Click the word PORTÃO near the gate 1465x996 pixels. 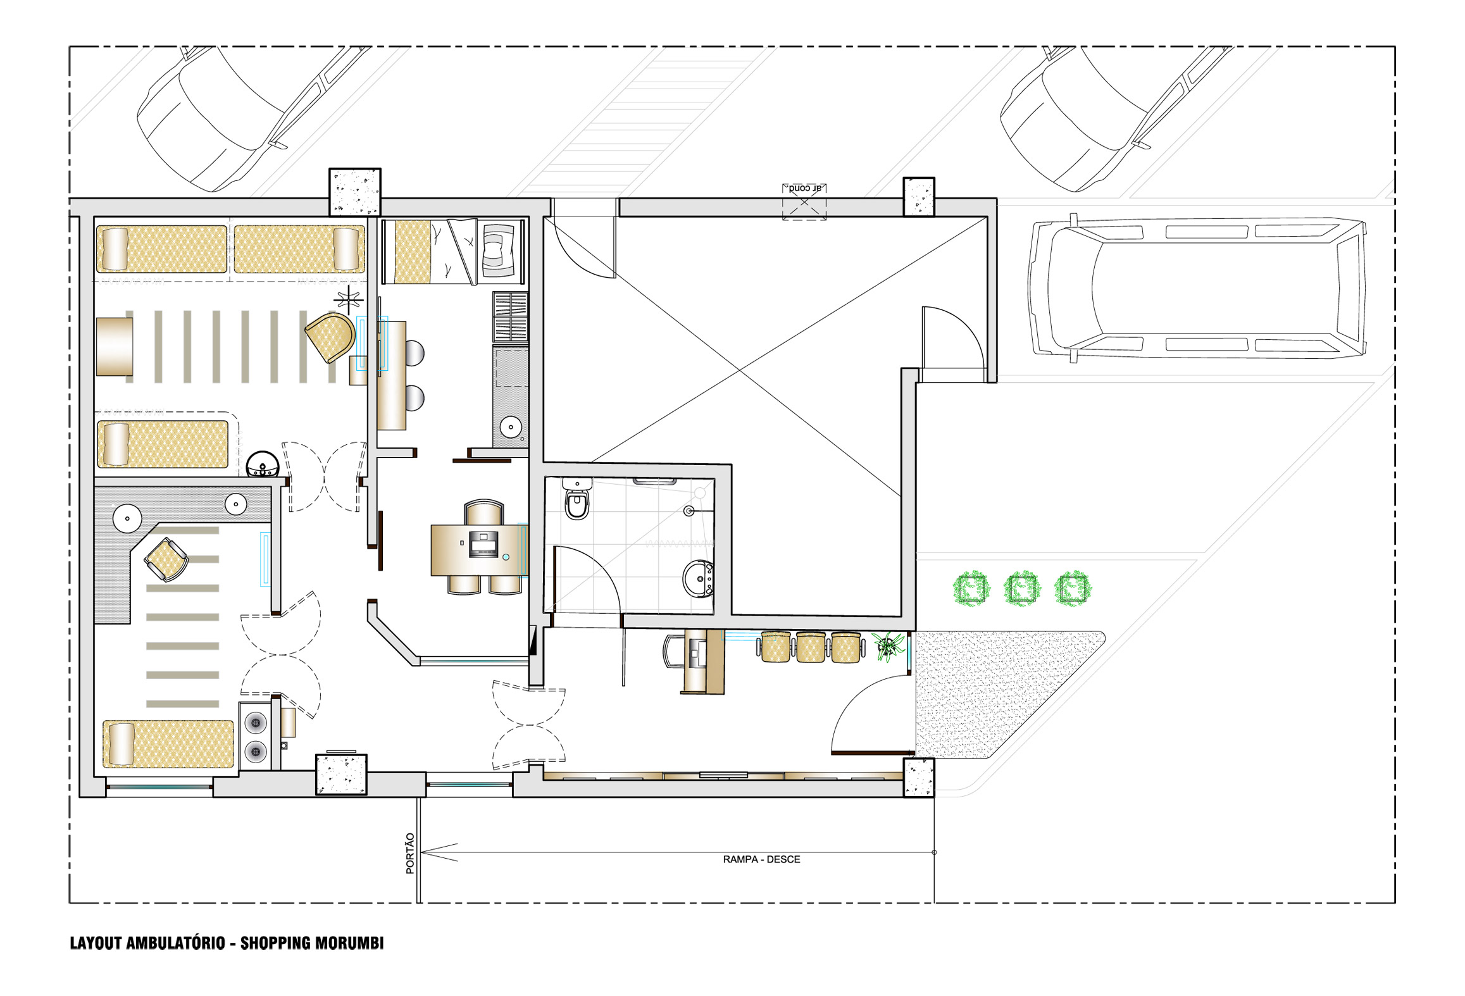[x=410, y=854]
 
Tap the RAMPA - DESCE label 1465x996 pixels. [x=761, y=859]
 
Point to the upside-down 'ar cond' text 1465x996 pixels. [x=804, y=188]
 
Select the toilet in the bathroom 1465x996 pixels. [x=577, y=499]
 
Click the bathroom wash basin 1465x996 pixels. [x=699, y=578]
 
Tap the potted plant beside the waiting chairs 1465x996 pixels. [x=889, y=646]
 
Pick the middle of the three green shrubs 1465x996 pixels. [x=1022, y=588]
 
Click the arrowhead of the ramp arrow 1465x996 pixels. [x=439, y=852]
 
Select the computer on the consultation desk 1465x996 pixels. [x=483, y=544]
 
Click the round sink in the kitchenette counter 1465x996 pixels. [x=510, y=426]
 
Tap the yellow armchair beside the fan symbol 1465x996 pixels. [x=330, y=337]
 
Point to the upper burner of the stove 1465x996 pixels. [x=256, y=723]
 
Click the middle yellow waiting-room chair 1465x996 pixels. [x=811, y=647]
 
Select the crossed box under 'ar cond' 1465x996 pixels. [x=804, y=202]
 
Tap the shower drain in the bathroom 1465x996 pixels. [x=689, y=511]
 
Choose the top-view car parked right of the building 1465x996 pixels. [x=1196, y=288]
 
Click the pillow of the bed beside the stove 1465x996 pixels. [x=122, y=744]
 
